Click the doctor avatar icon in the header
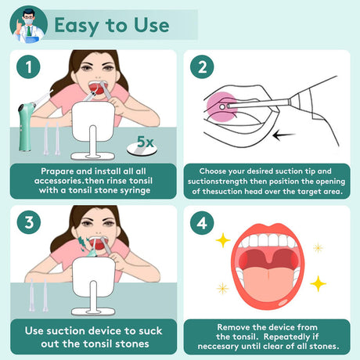28,25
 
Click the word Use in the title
152,25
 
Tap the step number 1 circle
28,67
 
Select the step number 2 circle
202,67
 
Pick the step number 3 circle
29,222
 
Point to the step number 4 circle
202,223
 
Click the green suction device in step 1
26,125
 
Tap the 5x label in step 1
146,142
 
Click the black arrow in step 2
283,135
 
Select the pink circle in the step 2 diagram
221,107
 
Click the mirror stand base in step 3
93,311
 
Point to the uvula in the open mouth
268,257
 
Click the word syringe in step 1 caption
135,191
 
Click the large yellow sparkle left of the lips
223,240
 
